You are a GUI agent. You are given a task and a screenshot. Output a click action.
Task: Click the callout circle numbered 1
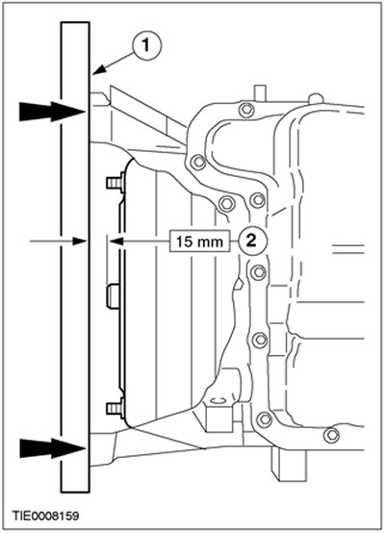tap(146, 45)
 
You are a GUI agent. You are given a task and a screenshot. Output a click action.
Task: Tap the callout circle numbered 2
tap(251, 242)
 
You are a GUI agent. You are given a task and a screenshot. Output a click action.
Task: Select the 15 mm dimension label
tap(199, 242)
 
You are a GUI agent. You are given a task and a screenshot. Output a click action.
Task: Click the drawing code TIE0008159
tap(45, 516)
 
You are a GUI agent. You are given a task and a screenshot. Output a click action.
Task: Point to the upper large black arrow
tap(52, 112)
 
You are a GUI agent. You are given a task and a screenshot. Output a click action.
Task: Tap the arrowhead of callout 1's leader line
tap(98, 70)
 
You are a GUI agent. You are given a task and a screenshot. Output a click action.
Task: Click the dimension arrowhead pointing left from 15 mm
tap(115, 242)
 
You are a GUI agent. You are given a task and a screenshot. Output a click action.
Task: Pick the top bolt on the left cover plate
tap(115, 183)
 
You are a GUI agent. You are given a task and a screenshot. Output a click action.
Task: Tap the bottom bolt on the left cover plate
tap(115, 408)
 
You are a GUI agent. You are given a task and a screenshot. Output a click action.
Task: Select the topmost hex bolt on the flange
tap(245, 110)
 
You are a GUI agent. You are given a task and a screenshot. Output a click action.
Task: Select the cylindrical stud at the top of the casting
tap(260, 92)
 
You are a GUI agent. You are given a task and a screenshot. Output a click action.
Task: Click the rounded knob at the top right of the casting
tap(316, 99)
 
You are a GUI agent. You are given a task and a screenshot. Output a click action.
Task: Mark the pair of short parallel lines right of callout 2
tap(348, 248)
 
